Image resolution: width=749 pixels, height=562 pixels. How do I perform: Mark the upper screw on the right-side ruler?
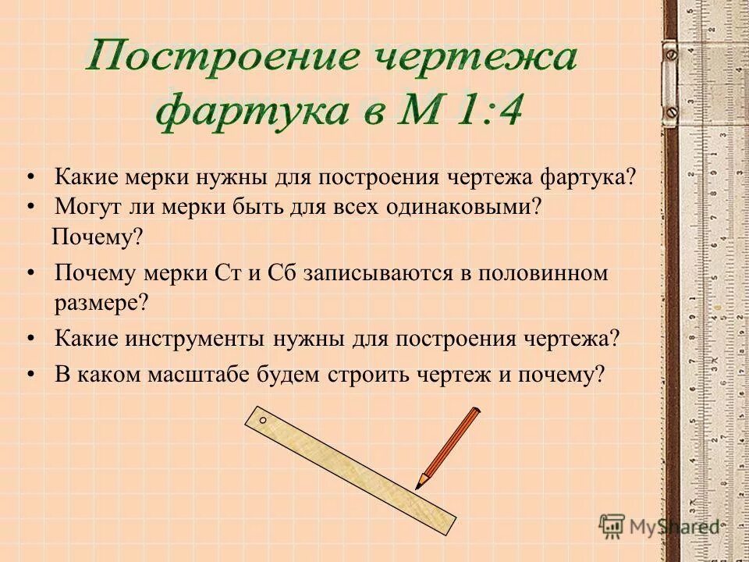tap(670, 55)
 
